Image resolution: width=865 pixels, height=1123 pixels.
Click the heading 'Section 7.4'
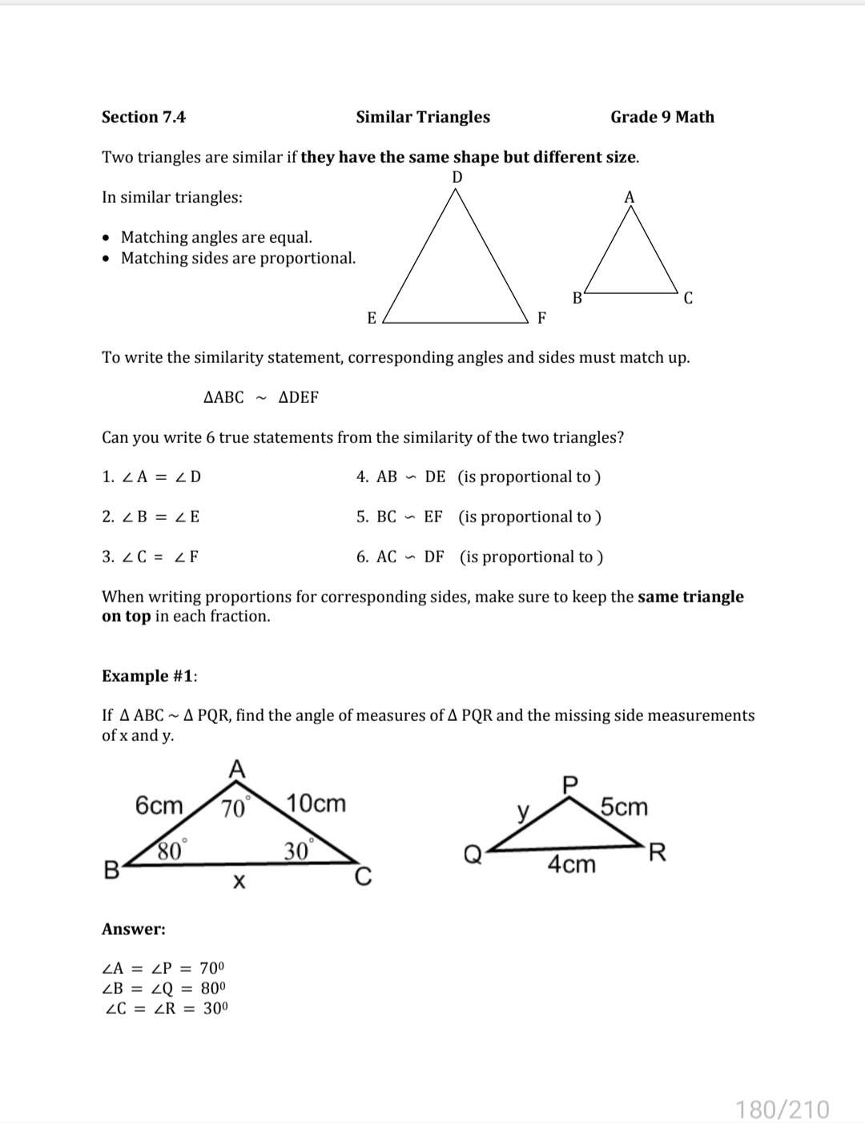pos(143,117)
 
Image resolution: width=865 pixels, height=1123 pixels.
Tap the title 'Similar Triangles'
pos(423,117)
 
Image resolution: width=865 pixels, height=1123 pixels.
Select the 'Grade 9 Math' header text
pos(662,117)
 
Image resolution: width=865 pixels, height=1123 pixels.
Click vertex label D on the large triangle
pos(457,177)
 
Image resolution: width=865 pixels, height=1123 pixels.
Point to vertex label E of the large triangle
pos(372,318)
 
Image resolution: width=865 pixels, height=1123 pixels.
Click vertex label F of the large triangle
pos(541,318)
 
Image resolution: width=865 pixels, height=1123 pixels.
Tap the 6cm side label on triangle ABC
pos(159,805)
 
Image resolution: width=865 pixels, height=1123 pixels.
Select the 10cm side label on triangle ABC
pos(316,803)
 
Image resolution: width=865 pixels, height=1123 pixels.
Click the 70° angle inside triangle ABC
pos(234,808)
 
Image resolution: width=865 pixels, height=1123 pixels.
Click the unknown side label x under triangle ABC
pos(238,883)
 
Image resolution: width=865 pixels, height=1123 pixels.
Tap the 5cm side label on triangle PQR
pos(624,807)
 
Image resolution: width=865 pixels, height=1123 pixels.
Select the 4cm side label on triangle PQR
pos(572,864)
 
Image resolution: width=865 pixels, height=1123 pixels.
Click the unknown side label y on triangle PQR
pos(523,813)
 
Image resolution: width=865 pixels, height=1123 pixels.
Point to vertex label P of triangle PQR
pos(570,784)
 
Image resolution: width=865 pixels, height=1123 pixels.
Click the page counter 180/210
pos(783,1109)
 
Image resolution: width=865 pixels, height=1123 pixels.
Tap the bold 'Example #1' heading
pos(149,676)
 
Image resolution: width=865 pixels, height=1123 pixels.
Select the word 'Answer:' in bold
pos(134,929)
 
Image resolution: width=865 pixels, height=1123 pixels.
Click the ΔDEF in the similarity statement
pos(298,397)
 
